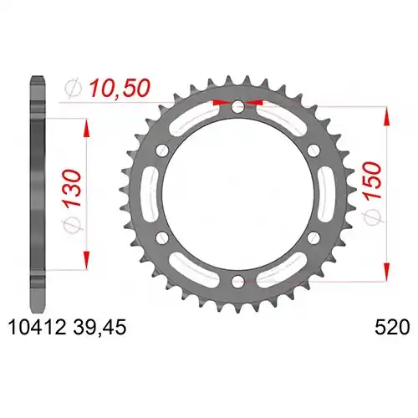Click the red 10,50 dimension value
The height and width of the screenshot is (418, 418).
coord(120,88)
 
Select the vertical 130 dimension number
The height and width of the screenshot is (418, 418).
coord(73,188)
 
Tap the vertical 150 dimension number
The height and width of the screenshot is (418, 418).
coord(373,181)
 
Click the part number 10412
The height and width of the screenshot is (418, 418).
coord(38,327)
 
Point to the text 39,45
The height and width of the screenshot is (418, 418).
coord(100,328)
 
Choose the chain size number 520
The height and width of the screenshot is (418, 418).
coord(392,327)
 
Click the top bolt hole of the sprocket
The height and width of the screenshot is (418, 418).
coord(237,106)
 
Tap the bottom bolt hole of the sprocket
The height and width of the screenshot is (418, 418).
coord(237,281)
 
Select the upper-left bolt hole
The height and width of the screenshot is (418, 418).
coord(162,150)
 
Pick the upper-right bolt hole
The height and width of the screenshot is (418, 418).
coord(313,150)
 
